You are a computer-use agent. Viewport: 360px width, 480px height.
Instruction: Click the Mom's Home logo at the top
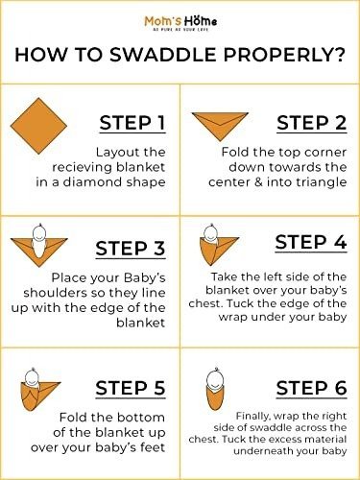[180, 23]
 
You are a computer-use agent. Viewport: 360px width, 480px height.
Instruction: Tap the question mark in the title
[340, 55]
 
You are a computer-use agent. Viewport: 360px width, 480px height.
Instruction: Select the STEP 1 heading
[132, 123]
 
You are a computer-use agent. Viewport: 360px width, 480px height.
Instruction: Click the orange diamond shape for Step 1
[38, 126]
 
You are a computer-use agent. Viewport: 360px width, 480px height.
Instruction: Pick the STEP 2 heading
[312, 123]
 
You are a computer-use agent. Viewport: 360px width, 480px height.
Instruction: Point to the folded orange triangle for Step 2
[220, 126]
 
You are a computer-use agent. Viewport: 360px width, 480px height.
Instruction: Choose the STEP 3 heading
[131, 249]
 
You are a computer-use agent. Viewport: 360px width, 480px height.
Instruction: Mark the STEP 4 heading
[311, 242]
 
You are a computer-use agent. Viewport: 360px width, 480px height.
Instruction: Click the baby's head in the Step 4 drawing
[211, 232]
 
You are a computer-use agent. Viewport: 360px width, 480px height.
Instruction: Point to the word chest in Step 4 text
[203, 303]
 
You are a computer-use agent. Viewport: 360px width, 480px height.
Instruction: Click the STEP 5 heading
[131, 388]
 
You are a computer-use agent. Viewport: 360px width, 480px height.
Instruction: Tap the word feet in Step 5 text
[153, 447]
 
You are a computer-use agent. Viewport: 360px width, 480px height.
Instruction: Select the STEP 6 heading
[312, 388]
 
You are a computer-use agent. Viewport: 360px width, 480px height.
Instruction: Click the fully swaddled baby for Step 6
[213, 390]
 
